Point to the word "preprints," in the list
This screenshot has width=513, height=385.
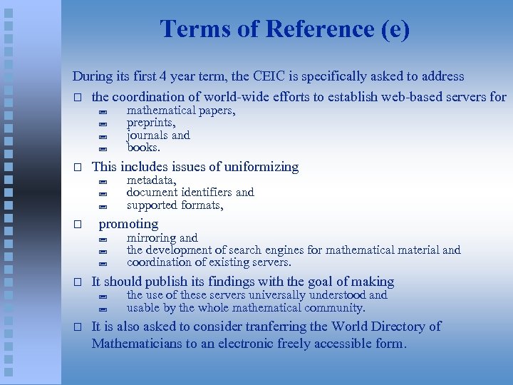pyautogui.click(x=151, y=123)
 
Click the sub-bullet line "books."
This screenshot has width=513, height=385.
pyautogui.click(x=143, y=148)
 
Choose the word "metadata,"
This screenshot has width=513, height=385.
pyautogui.click(x=151, y=180)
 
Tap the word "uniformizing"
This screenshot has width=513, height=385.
pyautogui.click(x=261, y=167)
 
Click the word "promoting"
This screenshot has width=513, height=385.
pyautogui.click(x=128, y=224)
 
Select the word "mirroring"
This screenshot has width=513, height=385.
pyautogui.click(x=151, y=237)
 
